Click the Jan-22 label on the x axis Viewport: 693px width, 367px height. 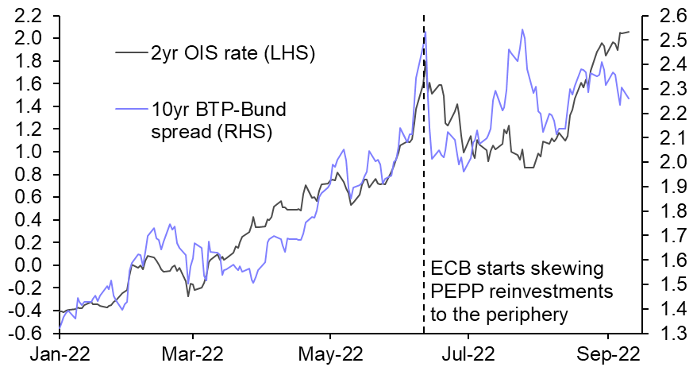(x=60, y=352)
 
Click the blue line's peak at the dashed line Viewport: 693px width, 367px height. (x=425, y=33)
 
